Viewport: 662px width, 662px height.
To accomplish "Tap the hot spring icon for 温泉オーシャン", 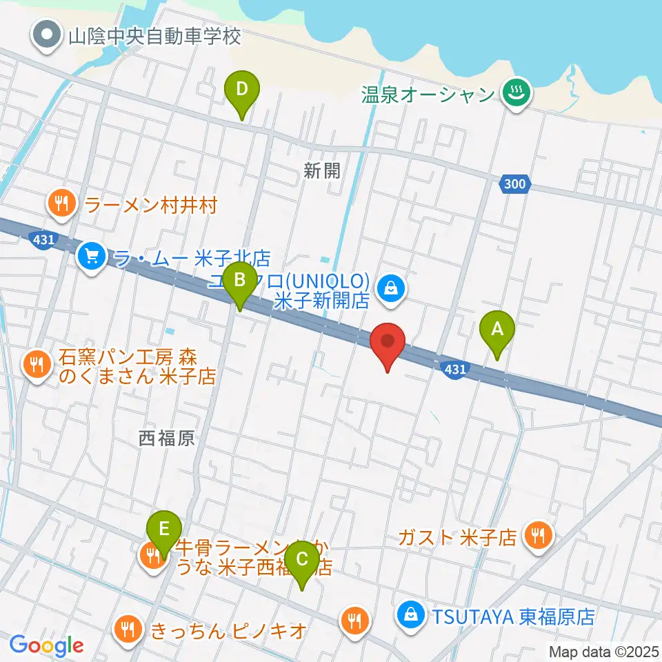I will (514, 93).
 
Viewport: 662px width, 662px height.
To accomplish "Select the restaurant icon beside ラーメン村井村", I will (62, 205).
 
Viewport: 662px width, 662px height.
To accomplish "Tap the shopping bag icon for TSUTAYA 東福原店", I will (412, 614).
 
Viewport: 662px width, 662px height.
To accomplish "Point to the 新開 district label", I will (322, 171).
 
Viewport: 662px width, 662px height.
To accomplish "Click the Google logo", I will (47, 645).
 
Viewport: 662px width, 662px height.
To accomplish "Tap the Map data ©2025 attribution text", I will (602, 650).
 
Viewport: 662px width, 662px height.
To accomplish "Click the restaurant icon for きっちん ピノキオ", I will (126, 629).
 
